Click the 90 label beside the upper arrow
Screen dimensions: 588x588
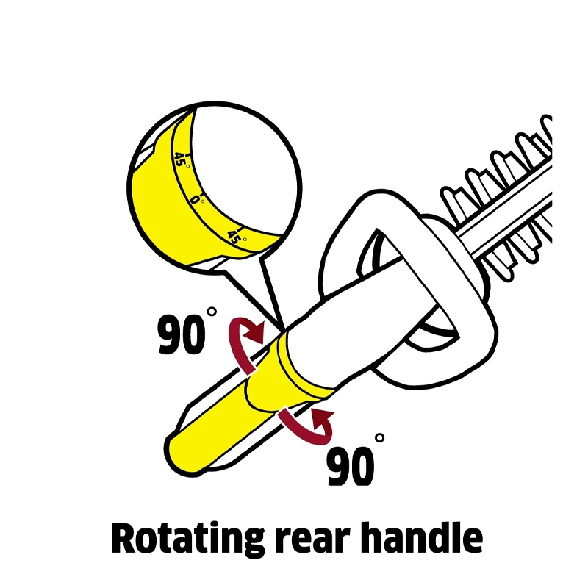point(182,335)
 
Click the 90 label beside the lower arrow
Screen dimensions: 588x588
point(351,466)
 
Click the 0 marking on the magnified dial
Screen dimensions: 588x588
point(195,199)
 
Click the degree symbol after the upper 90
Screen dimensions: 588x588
point(212,311)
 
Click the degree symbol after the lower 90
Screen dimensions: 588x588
point(379,437)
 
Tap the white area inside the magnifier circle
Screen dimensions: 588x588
point(244,169)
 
